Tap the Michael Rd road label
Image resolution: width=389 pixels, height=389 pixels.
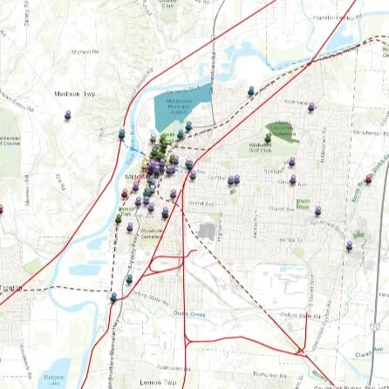(85, 51)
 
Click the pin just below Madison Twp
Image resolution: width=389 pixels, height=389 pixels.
(68, 114)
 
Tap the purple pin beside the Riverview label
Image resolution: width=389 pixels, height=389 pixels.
(311, 107)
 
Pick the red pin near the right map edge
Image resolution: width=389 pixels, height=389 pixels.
(370, 178)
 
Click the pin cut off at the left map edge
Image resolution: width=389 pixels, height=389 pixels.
(1, 208)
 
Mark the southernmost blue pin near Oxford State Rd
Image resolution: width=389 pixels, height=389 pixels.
(113, 297)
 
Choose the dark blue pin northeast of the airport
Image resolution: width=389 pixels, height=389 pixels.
(251, 90)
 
